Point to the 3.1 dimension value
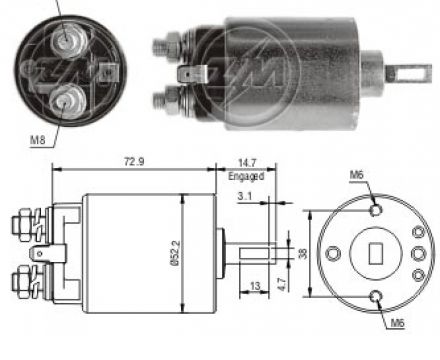[245, 196]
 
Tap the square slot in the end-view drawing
[377, 253]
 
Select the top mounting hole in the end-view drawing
[377, 211]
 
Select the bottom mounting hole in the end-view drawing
[377, 295]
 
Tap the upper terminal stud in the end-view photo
[69, 39]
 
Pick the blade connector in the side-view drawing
[41, 254]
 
